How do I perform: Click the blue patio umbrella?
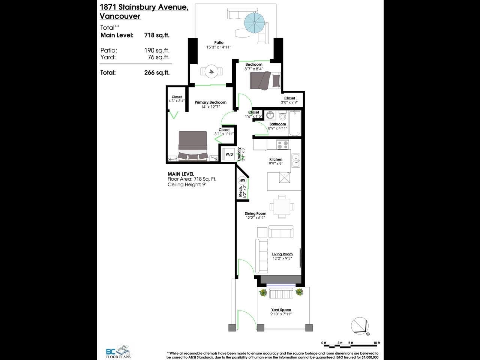(255, 23)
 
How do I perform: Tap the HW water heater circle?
(242, 180)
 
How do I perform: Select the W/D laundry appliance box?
(229, 154)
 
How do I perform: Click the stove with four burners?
(282, 144)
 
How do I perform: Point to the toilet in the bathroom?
(283, 115)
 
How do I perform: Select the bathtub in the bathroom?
(295, 123)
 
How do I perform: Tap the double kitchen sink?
(296, 160)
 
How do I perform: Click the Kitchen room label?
(276, 159)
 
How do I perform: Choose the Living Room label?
(282, 254)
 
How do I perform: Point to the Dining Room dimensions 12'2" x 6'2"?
(255, 218)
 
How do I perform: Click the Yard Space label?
(281, 310)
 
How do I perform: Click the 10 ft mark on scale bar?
(376, 343)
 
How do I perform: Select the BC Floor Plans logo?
(118, 352)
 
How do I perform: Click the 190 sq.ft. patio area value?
(157, 50)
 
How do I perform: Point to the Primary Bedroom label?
(210, 102)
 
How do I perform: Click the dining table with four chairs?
(282, 207)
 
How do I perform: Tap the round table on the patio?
(211, 71)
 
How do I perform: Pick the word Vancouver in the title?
(120, 16)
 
